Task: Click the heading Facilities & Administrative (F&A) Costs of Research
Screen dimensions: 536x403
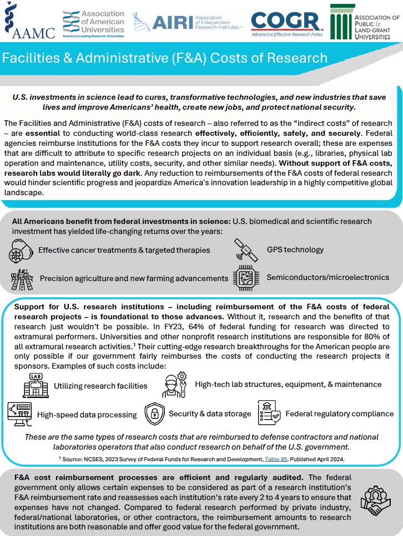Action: tap(165, 58)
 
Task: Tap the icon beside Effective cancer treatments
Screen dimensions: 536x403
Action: tap(22, 251)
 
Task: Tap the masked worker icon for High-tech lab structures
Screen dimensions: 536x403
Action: tap(174, 385)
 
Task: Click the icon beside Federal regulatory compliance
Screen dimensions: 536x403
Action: tap(269, 414)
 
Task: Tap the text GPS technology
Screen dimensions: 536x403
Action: tap(295, 249)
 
